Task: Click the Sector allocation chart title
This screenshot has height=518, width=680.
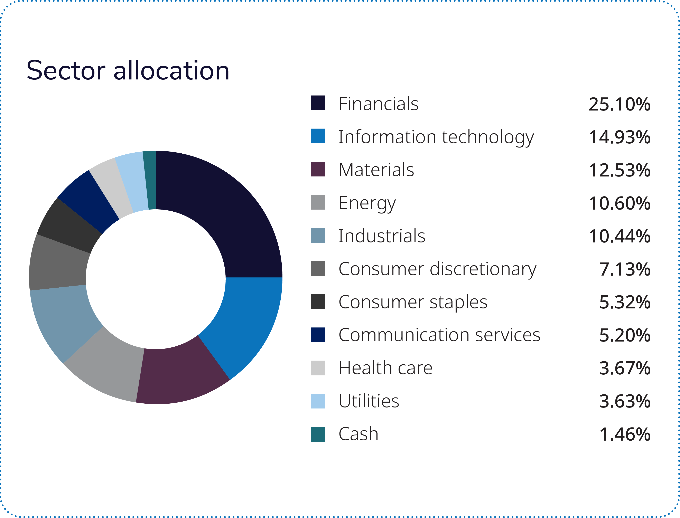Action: (x=128, y=71)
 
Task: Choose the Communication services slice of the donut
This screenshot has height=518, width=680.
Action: (x=90, y=202)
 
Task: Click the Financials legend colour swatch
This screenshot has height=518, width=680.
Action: (x=318, y=103)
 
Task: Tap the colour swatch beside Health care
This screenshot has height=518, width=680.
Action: (x=318, y=368)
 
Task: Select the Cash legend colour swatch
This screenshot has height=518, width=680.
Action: (x=318, y=434)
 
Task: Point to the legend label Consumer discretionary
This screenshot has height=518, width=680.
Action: (x=437, y=269)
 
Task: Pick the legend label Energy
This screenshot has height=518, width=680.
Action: (x=367, y=203)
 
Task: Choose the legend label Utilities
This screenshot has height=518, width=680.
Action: (x=369, y=401)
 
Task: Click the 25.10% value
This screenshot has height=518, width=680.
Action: (x=619, y=104)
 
